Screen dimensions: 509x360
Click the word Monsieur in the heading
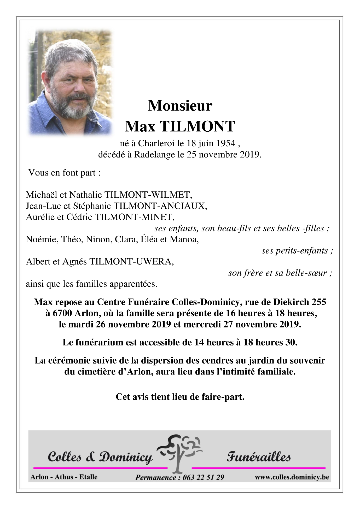(180, 106)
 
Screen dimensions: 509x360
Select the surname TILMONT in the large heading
(198, 127)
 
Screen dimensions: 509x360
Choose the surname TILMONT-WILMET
(148, 195)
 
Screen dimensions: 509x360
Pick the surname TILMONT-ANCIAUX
(160, 206)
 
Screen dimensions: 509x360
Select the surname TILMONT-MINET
(135, 217)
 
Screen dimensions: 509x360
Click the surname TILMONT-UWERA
(131, 261)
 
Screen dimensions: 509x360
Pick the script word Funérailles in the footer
(258, 457)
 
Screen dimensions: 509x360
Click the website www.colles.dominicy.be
(292, 477)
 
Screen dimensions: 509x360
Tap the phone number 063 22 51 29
(204, 478)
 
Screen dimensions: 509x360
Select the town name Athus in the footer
(64, 477)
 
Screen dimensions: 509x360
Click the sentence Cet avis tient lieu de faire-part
(180, 397)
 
